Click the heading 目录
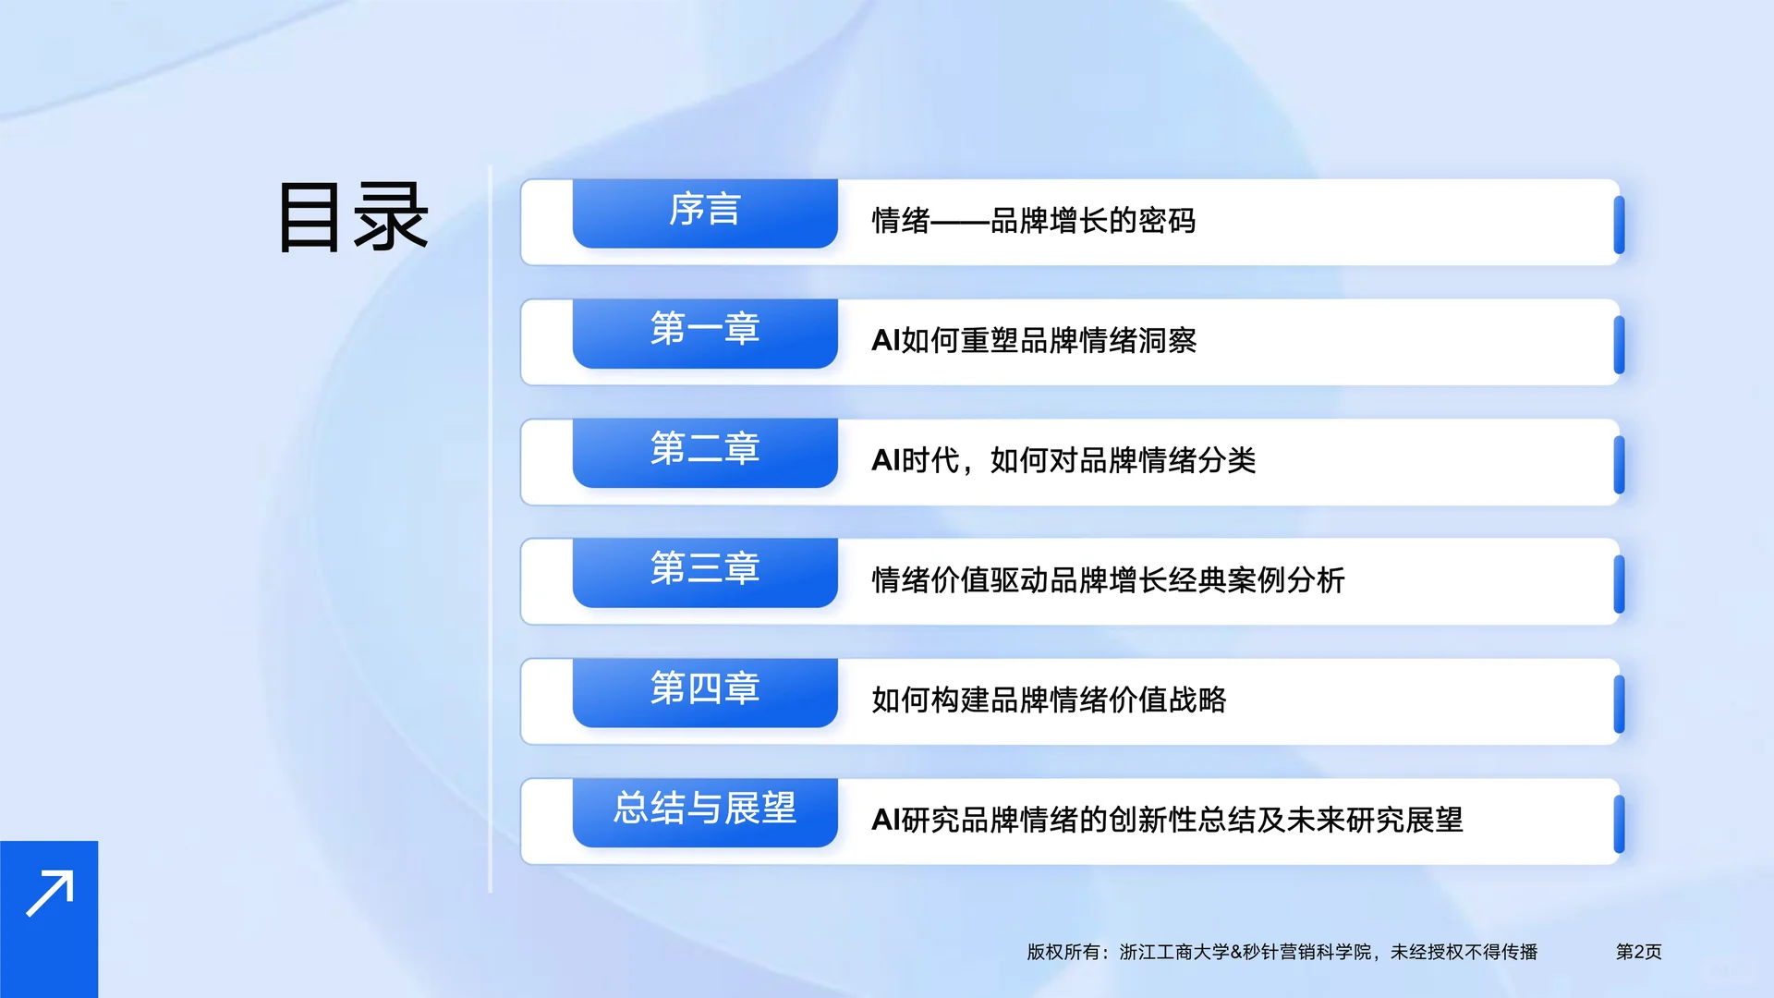pos(353,218)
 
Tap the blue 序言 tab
pos(705,213)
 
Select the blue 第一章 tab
pos(705,332)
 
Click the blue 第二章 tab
pos(705,452)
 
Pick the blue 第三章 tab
pos(705,571)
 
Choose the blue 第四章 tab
pos(705,691)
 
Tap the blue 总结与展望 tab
pos(705,811)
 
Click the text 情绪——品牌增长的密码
pos(1033,221)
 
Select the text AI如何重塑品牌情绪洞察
pos(1033,341)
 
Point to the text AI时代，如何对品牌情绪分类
pos(1063,460)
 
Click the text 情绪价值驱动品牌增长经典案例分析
pos(1107,580)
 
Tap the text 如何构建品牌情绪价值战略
pos(1048,700)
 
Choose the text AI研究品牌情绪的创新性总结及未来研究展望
pos(1166,820)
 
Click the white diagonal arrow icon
pos(49,894)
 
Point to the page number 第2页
pos(1638,952)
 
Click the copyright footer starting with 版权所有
pos(1282,952)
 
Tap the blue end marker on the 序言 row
pos(1619,225)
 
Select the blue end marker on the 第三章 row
pos(1619,584)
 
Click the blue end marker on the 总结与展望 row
pos(1619,824)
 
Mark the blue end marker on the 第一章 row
pos(1619,345)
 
